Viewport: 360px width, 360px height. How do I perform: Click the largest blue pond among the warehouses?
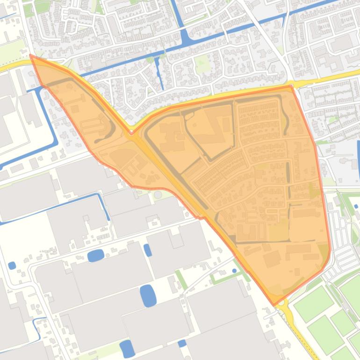[x=148, y=295]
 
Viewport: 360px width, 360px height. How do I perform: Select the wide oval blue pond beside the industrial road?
[x=95, y=255]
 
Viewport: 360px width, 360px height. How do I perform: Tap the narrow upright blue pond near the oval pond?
[x=148, y=250]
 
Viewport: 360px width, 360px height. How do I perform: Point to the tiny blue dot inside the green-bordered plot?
[x=234, y=271]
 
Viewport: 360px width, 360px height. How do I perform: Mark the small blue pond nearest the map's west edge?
[x=12, y=266]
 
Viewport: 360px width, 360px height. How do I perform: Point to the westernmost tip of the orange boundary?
[x=30, y=55]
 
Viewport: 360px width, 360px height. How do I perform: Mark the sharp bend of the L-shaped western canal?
[x=55, y=143]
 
